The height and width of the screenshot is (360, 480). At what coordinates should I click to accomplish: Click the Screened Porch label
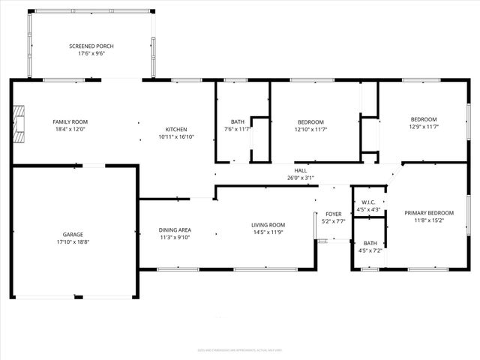91,46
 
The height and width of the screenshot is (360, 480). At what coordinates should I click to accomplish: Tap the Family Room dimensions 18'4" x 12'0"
70,130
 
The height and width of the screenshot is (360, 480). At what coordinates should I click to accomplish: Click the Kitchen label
176,129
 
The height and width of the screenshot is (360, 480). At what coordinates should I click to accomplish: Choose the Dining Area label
175,229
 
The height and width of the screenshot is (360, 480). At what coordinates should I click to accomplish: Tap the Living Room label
268,224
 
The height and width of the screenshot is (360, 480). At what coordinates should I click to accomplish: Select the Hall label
301,170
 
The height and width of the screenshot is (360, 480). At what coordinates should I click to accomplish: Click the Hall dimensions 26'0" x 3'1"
301,178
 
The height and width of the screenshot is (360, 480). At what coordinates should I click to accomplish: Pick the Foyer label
333,214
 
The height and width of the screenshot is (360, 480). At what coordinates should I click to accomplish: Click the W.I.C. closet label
368,202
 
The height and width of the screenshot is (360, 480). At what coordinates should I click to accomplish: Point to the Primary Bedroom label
429,212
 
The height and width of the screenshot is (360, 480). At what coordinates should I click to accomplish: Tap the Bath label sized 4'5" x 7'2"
370,243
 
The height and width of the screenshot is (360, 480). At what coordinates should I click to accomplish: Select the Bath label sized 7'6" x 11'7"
238,121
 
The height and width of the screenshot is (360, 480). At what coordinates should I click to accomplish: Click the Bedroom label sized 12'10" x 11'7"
310,121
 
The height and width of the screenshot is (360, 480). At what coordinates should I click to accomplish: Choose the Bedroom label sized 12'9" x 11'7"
423,119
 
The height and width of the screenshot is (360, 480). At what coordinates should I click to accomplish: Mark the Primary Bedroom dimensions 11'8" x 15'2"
429,220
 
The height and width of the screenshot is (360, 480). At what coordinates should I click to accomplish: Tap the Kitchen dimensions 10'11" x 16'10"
176,137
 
